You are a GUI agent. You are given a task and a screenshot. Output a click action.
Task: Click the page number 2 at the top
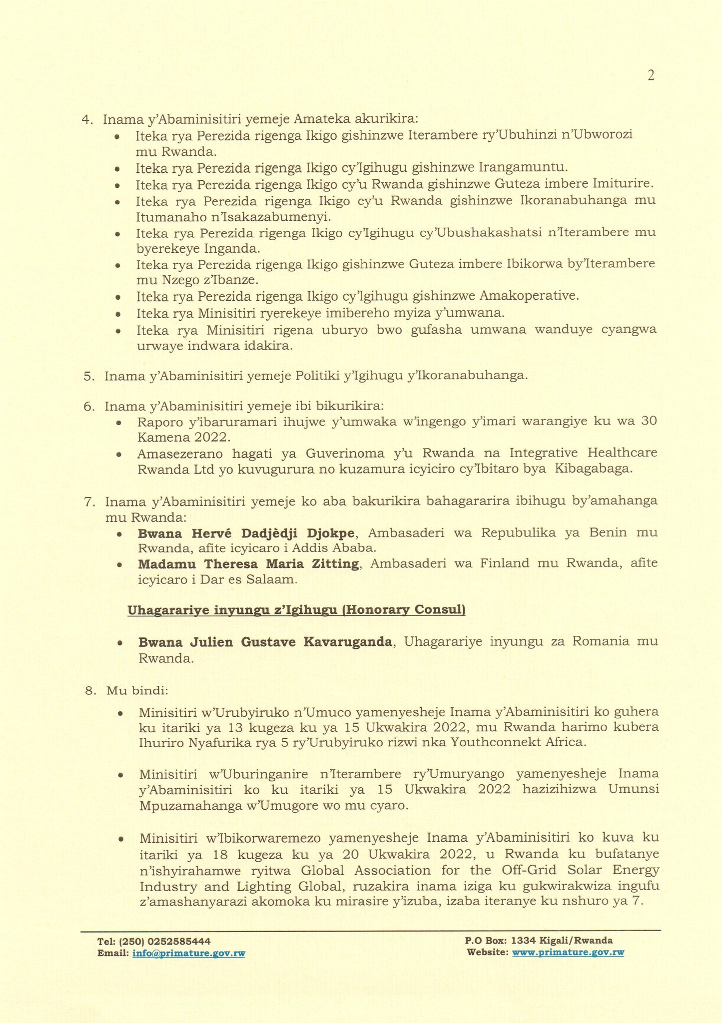point(651,75)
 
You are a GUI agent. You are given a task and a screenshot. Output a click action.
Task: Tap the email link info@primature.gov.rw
point(189,953)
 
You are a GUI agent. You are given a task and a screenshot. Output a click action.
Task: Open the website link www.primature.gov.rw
point(568,953)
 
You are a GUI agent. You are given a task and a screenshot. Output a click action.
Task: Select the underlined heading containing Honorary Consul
point(296,610)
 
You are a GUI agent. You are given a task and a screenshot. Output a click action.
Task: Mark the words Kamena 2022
point(183,438)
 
